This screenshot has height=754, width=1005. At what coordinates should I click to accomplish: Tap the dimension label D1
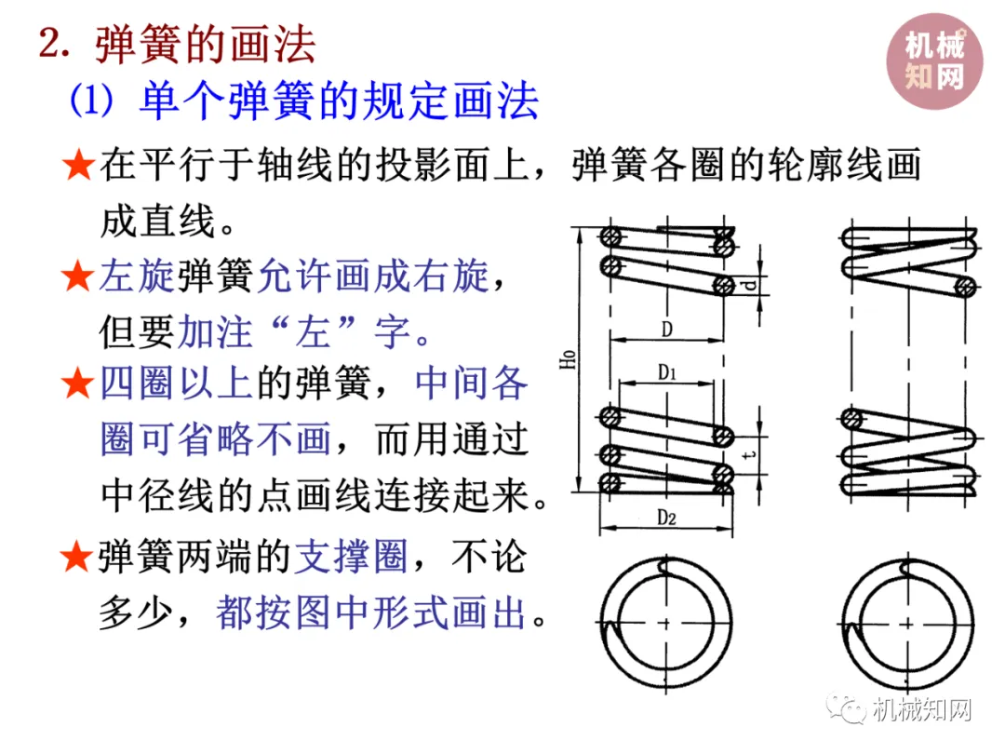click(x=666, y=372)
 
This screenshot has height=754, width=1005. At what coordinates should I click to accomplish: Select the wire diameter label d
click(x=750, y=285)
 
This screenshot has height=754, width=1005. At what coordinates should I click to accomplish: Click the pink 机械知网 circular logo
click(x=934, y=61)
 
